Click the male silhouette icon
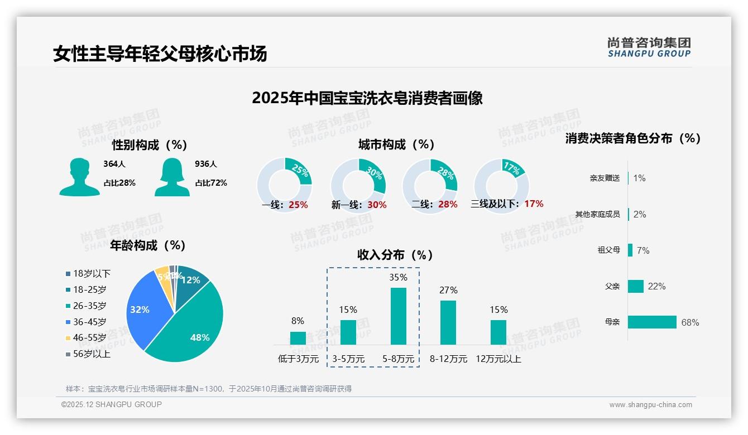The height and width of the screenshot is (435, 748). click(79, 177)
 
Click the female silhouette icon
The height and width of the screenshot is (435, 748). click(172, 177)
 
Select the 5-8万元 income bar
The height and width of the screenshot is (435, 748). click(398, 316)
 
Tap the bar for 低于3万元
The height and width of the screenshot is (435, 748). click(298, 338)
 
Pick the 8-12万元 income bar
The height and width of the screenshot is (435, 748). click(448, 322)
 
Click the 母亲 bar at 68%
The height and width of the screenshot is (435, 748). click(652, 322)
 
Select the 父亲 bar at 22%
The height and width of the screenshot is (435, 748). click(636, 286)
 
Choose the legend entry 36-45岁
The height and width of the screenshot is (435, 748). click(89, 322)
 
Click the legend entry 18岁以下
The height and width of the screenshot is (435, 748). click(92, 273)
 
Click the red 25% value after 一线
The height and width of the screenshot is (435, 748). click(298, 205)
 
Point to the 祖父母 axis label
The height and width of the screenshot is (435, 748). click(608, 250)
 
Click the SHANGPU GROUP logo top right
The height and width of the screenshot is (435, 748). click(649, 47)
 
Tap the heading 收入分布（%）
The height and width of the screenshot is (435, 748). click(395, 255)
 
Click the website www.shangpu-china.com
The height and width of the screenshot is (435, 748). click(650, 405)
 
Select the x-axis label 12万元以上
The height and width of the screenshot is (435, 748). click(498, 359)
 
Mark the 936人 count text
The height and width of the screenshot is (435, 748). click(206, 164)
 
